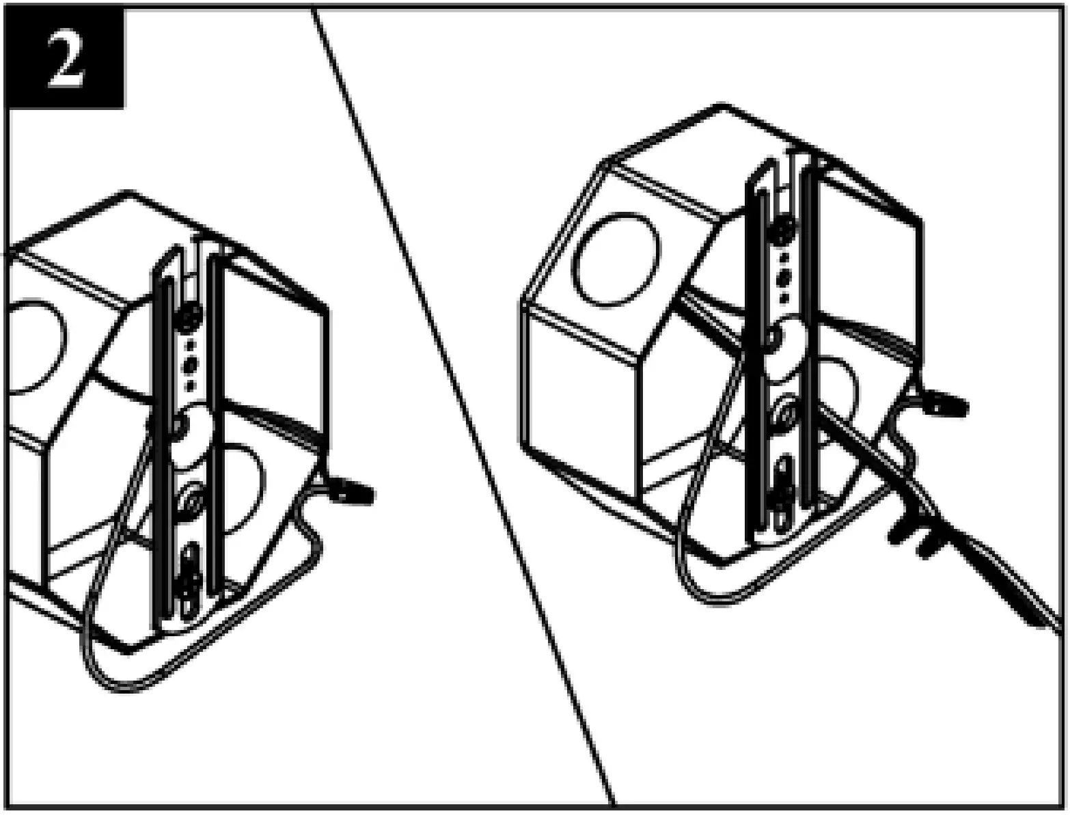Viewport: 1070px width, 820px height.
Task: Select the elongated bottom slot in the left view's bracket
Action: (x=189, y=577)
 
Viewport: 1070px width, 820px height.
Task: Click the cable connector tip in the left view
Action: (x=352, y=491)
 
